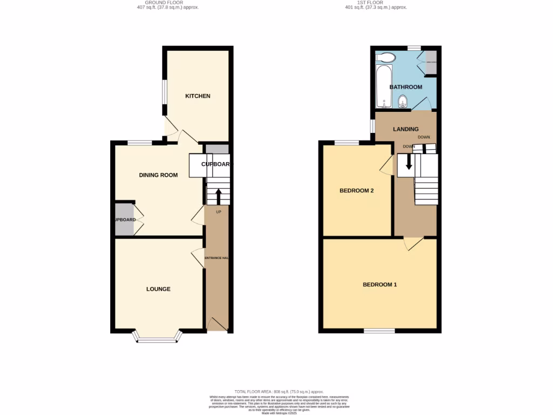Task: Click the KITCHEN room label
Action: point(198,96)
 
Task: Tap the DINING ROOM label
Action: point(158,175)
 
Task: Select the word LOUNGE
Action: point(158,289)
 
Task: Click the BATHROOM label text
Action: point(406,87)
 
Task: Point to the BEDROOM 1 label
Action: point(380,285)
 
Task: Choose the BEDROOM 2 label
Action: point(356,191)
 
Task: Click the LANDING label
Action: point(406,129)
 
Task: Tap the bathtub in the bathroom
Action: point(382,87)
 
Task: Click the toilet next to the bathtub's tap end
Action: point(401,102)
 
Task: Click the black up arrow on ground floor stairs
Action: point(218,196)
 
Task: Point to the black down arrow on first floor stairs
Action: point(409,162)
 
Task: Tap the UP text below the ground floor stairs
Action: point(218,212)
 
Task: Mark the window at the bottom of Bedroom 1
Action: point(379,330)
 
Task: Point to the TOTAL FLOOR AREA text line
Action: point(279,392)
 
